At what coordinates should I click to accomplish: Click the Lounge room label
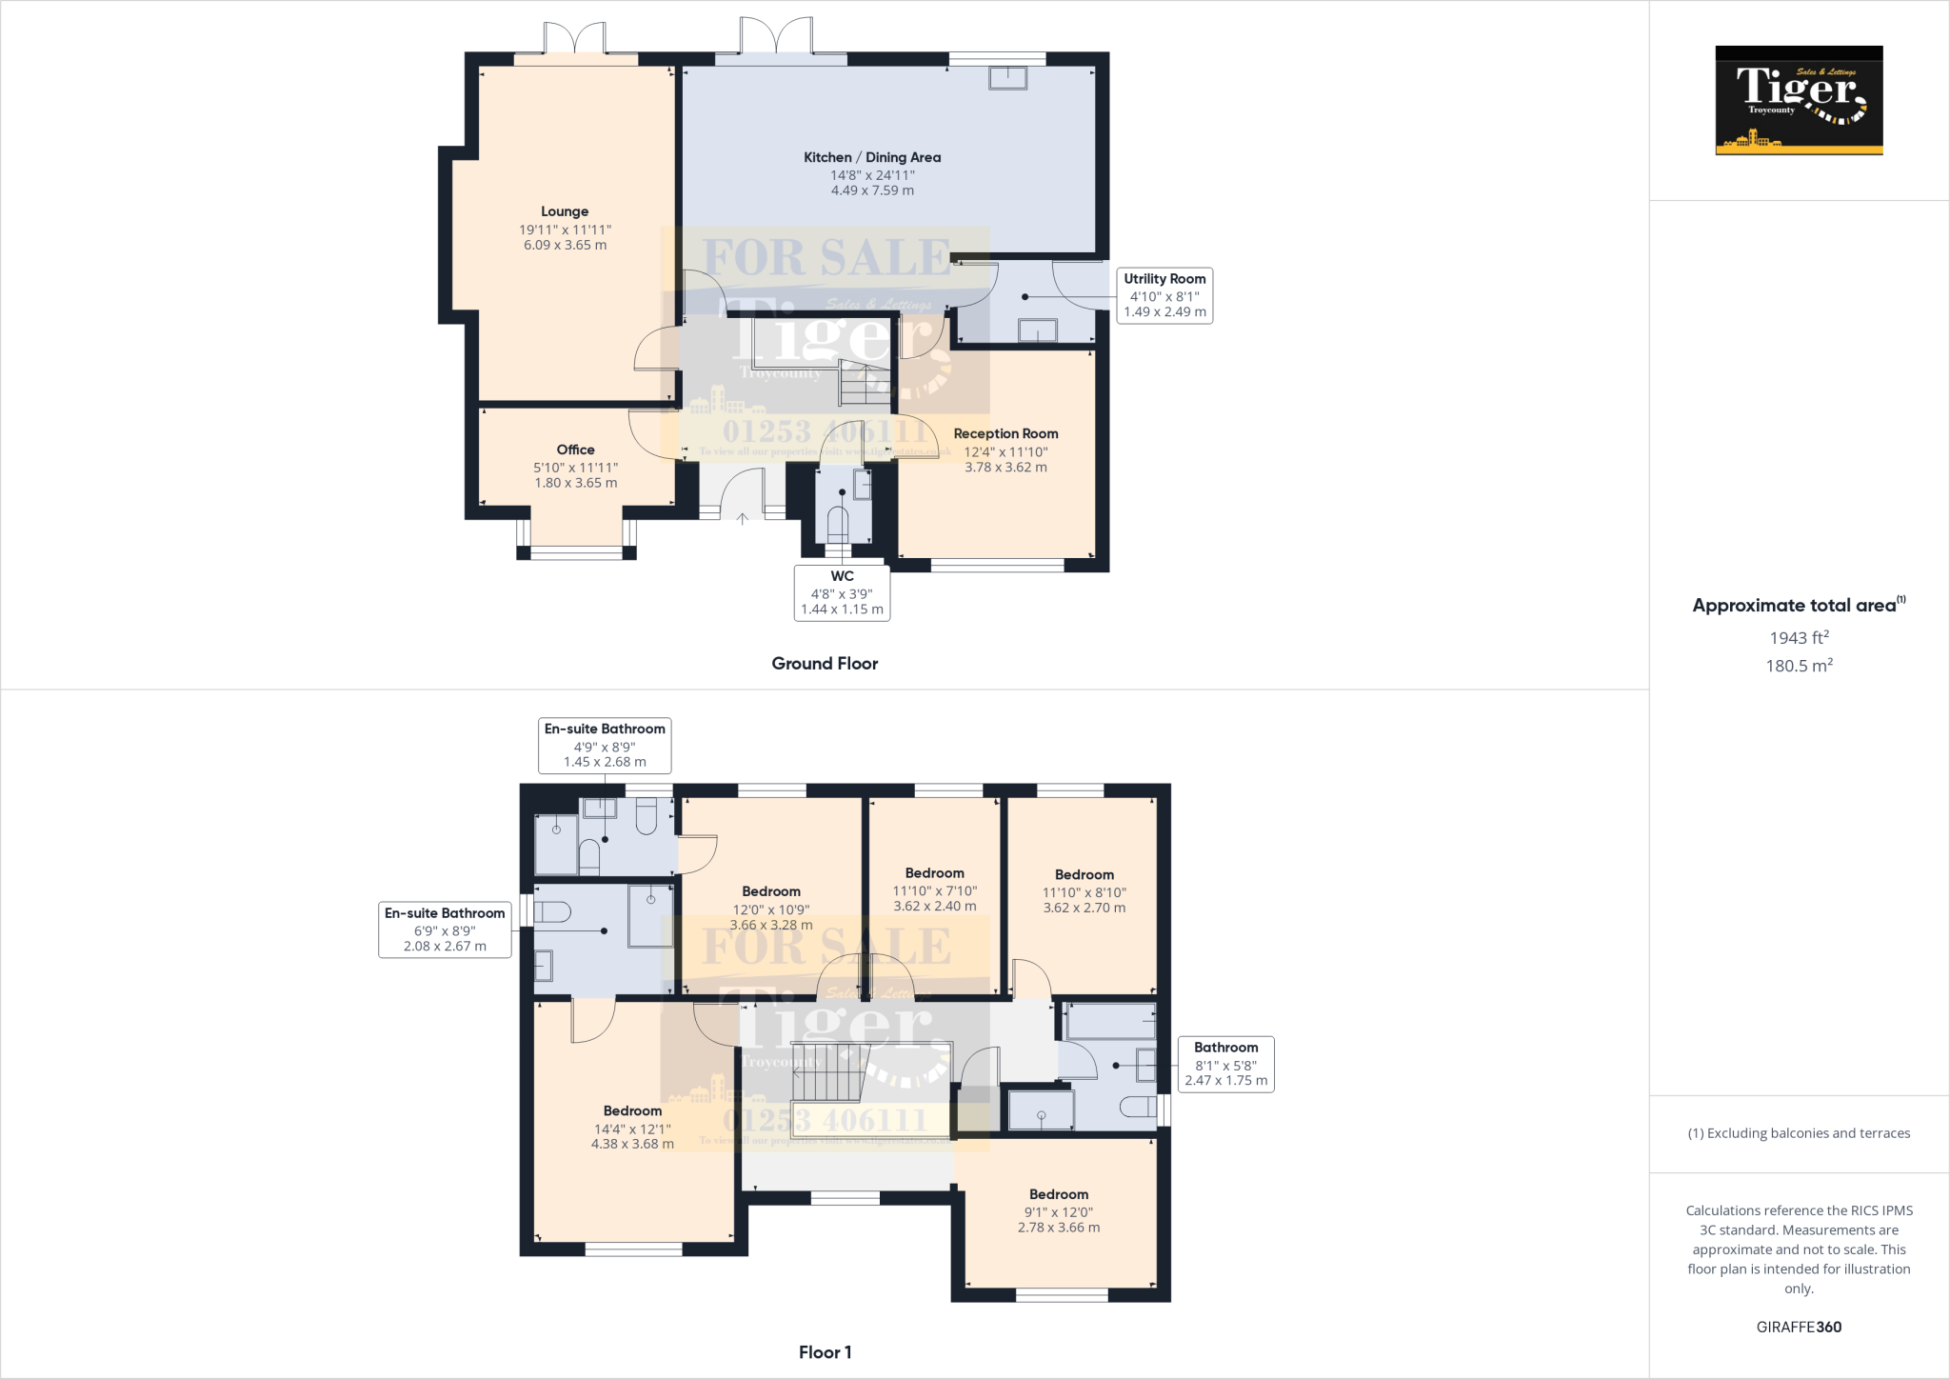(565, 211)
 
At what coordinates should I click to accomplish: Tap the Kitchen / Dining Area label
(871, 158)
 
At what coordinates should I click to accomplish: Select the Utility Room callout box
(1164, 295)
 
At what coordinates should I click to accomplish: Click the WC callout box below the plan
(842, 592)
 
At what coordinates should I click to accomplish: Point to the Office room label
(575, 450)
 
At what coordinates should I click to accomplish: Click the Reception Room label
(1005, 433)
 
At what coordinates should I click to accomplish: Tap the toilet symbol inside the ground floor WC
(838, 524)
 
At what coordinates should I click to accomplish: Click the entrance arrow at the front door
(743, 518)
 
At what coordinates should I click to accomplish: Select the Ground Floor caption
(825, 664)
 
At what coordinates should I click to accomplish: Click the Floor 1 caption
(825, 1352)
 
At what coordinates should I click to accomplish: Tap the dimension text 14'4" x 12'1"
(632, 1129)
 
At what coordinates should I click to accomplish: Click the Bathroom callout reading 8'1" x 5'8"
(1225, 1064)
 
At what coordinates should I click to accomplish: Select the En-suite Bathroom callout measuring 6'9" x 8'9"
(445, 929)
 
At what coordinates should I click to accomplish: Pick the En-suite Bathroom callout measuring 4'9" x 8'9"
(605, 745)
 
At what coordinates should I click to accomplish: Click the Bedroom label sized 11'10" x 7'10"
(934, 873)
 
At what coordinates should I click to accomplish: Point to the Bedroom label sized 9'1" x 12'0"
(1058, 1194)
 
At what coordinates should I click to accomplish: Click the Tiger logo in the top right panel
(1799, 100)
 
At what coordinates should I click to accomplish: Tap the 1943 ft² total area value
(1799, 638)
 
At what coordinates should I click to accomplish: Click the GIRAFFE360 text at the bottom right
(1799, 1327)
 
